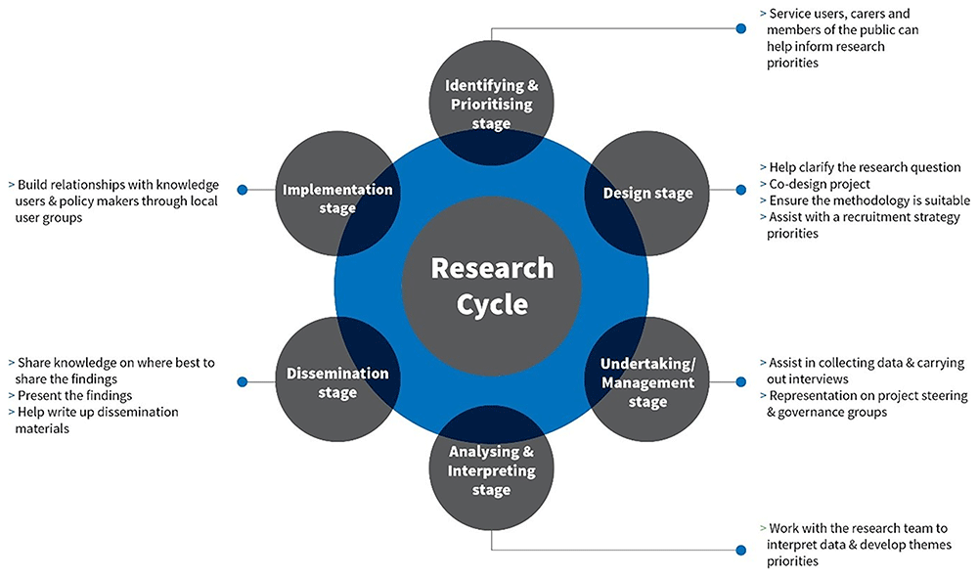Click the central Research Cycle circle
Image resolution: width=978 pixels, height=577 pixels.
point(491,285)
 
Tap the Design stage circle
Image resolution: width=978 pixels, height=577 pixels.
point(646,193)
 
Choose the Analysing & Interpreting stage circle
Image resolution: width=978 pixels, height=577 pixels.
point(491,470)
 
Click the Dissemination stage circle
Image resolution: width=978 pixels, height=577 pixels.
point(336,381)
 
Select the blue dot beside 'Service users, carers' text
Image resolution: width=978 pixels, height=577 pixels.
point(741,29)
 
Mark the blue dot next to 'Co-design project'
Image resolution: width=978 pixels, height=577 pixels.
point(741,190)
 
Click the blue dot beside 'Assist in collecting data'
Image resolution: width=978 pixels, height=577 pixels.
point(741,381)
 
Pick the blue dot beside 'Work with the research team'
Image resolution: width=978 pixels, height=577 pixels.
point(741,548)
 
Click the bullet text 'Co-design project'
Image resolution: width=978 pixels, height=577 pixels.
point(821,184)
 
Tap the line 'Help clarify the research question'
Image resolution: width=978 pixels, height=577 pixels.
point(865,167)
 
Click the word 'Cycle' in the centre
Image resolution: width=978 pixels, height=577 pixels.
point(492,304)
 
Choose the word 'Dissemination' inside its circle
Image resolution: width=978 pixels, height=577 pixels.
point(337,373)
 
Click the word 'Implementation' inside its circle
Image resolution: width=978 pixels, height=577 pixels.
point(337,190)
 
